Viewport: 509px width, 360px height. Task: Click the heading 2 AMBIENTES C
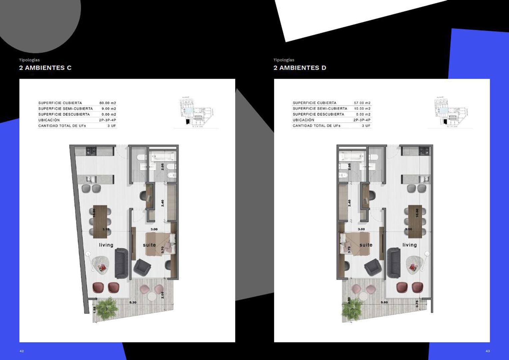pos(45,68)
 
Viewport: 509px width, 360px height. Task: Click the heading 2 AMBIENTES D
pos(299,68)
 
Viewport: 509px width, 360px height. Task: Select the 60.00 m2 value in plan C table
pos(108,103)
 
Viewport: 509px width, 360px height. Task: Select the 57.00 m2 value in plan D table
pos(362,103)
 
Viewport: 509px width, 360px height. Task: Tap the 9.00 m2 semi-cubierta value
pos(109,109)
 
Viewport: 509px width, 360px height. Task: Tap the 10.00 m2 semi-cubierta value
pos(362,109)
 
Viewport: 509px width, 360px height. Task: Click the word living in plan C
pos(106,245)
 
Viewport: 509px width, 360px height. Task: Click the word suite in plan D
pos(366,245)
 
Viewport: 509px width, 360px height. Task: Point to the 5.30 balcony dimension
pos(133,302)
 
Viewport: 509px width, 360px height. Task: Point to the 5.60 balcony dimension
pos(384,302)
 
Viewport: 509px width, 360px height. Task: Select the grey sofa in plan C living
pos(121,263)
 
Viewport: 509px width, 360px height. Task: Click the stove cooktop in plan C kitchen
pos(91,151)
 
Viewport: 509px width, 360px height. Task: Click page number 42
pos(22,351)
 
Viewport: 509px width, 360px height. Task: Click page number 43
pos(488,351)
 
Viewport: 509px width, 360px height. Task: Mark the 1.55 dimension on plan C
pos(94,310)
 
